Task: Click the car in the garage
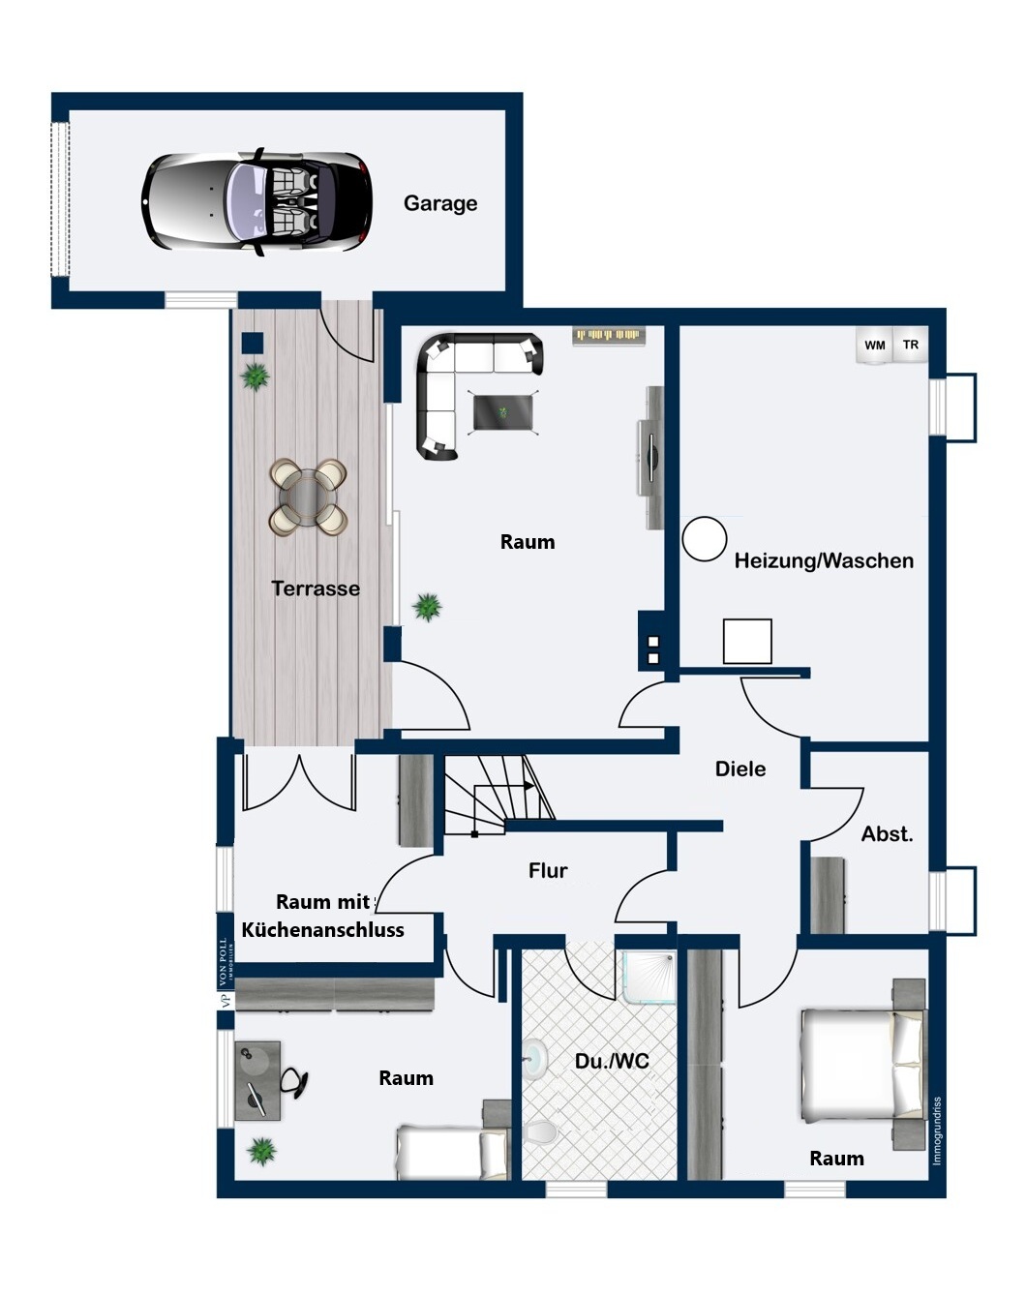click(257, 202)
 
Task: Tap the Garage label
click(440, 203)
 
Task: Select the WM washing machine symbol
click(875, 346)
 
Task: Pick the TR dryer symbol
click(911, 345)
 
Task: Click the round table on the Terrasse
click(307, 497)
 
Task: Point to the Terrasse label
click(316, 588)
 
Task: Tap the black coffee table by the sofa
click(503, 413)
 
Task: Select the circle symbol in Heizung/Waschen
click(704, 539)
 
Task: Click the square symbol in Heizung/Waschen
click(747, 641)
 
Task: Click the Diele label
click(740, 769)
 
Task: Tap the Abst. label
click(888, 834)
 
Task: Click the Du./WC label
click(612, 1062)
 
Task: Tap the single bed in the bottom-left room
click(452, 1153)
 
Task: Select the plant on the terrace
click(256, 376)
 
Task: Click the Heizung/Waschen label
click(824, 561)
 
